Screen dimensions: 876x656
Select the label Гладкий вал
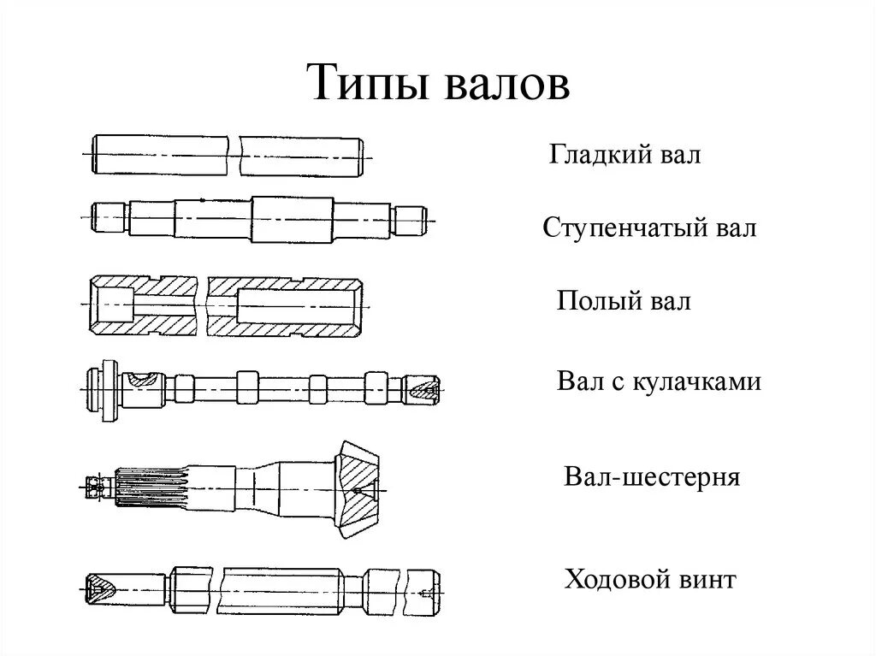coord(624,155)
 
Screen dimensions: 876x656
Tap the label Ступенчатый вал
coord(649,228)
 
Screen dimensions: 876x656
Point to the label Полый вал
coord(624,301)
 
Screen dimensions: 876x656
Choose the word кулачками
coord(696,381)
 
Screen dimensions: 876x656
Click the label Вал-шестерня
coord(652,476)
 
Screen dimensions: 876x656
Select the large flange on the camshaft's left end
coord(107,390)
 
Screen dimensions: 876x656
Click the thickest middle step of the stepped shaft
coord(291,218)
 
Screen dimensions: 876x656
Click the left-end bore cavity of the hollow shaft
coord(113,304)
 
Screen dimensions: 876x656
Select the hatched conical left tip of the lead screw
coord(101,588)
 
